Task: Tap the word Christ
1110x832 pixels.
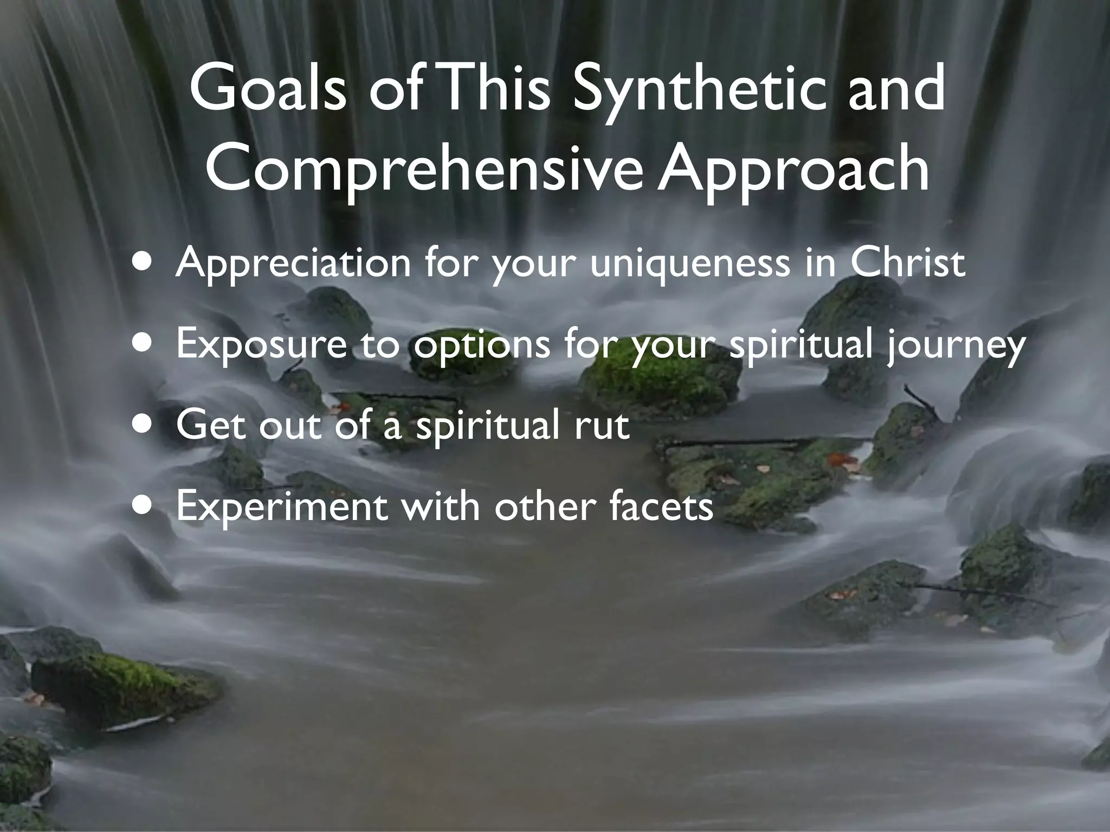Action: (x=907, y=261)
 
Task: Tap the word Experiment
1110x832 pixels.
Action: (x=282, y=506)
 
